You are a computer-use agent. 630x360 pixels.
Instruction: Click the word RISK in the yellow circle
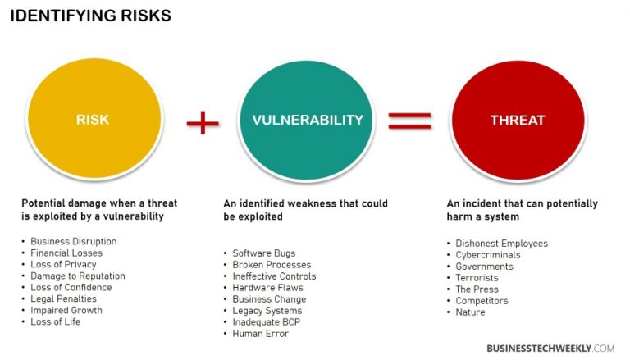click(92, 120)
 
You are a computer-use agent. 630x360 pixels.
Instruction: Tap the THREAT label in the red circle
click(517, 120)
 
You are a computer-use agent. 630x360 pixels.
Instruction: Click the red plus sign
click(203, 123)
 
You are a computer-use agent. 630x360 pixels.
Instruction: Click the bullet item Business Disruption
click(73, 242)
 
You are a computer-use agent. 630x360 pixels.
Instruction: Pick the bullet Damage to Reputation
click(77, 276)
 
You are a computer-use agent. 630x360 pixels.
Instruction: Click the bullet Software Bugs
click(263, 253)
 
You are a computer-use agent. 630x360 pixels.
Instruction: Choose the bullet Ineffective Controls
click(274, 276)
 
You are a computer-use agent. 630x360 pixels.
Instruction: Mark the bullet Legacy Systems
click(267, 311)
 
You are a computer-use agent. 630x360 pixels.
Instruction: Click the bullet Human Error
click(261, 334)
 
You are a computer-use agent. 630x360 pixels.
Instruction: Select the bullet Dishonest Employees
click(501, 244)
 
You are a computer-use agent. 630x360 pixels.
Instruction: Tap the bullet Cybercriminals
click(488, 255)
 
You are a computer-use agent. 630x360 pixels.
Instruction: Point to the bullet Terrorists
click(477, 278)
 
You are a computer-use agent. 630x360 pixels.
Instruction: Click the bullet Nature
click(470, 312)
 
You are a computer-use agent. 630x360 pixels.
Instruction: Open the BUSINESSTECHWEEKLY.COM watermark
click(550, 348)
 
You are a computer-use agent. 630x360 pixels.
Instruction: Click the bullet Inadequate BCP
click(266, 322)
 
